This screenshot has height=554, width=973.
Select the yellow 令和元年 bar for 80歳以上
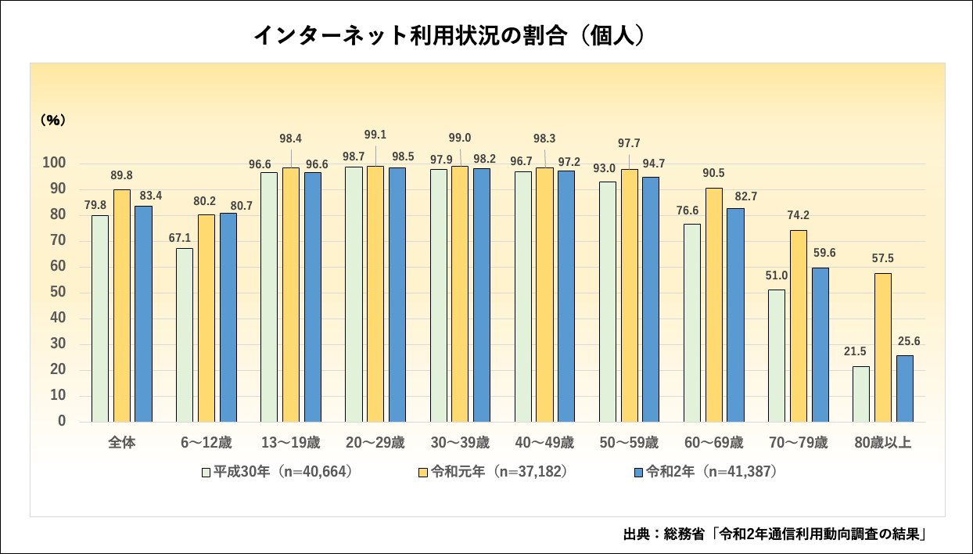tap(882, 347)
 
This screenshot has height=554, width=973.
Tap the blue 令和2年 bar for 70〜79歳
tap(820, 344)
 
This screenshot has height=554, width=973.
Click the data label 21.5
tap(860, 353)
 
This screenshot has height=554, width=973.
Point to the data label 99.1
tap(375, 134)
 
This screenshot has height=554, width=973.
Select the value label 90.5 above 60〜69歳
tap(714, 173)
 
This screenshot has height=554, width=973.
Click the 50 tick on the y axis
tap(59, 293)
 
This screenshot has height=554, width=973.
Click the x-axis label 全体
tap(121, 443)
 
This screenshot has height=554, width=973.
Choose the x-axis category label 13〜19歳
tap(290, 443)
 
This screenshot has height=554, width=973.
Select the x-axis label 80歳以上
tap(882, 443)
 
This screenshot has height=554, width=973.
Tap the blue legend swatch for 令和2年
tap(637, 473)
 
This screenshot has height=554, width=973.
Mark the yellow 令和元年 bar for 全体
tap(122, 305)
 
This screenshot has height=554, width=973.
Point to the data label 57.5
tap(882, 258)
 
